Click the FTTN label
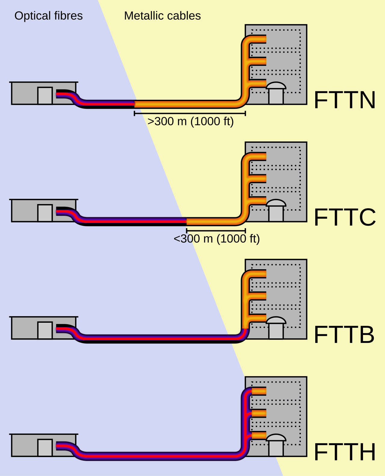click(345, 100)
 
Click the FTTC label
click(345, 217)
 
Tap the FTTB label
click(344, 335)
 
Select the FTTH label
click(345, 452)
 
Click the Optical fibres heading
click(48, 16)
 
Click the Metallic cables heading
click(162, 16)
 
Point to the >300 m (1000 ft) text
click(190, 121)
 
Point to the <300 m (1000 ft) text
click(217, 239)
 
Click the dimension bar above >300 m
click(190, 113)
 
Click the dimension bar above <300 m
click(216, 230)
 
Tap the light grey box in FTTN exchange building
click(45, 96)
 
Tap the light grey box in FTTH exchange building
click(45, 448)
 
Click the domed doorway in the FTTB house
click(276, 328)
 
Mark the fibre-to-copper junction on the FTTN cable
click(134, 104)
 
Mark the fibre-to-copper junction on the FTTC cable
click(186, 222)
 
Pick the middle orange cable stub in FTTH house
click(259, 413)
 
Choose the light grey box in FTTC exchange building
click(45, 213)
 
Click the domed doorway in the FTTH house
click(276, 445)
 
